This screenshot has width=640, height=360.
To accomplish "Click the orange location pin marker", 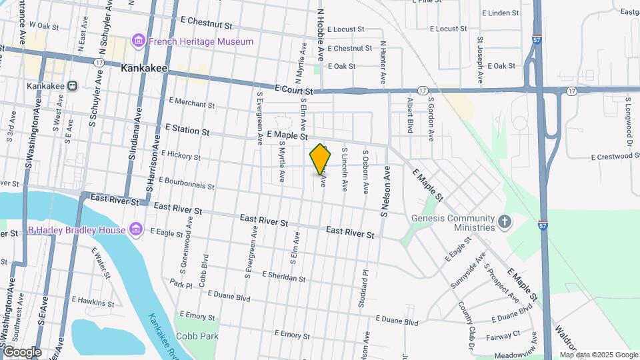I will coord(321,159).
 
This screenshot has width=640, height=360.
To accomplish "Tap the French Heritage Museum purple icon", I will coord(139,41).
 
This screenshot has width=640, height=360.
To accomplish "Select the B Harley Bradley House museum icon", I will coord(136,230).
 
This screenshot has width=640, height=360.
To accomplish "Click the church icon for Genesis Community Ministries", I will coord(505,221).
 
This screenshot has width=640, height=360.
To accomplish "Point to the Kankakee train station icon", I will coord(73,86).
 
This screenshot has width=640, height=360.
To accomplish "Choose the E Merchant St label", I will coord(191,104).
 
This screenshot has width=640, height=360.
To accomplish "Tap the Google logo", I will coord(22,351).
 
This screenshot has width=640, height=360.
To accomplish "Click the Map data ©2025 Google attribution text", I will coord(598,354).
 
